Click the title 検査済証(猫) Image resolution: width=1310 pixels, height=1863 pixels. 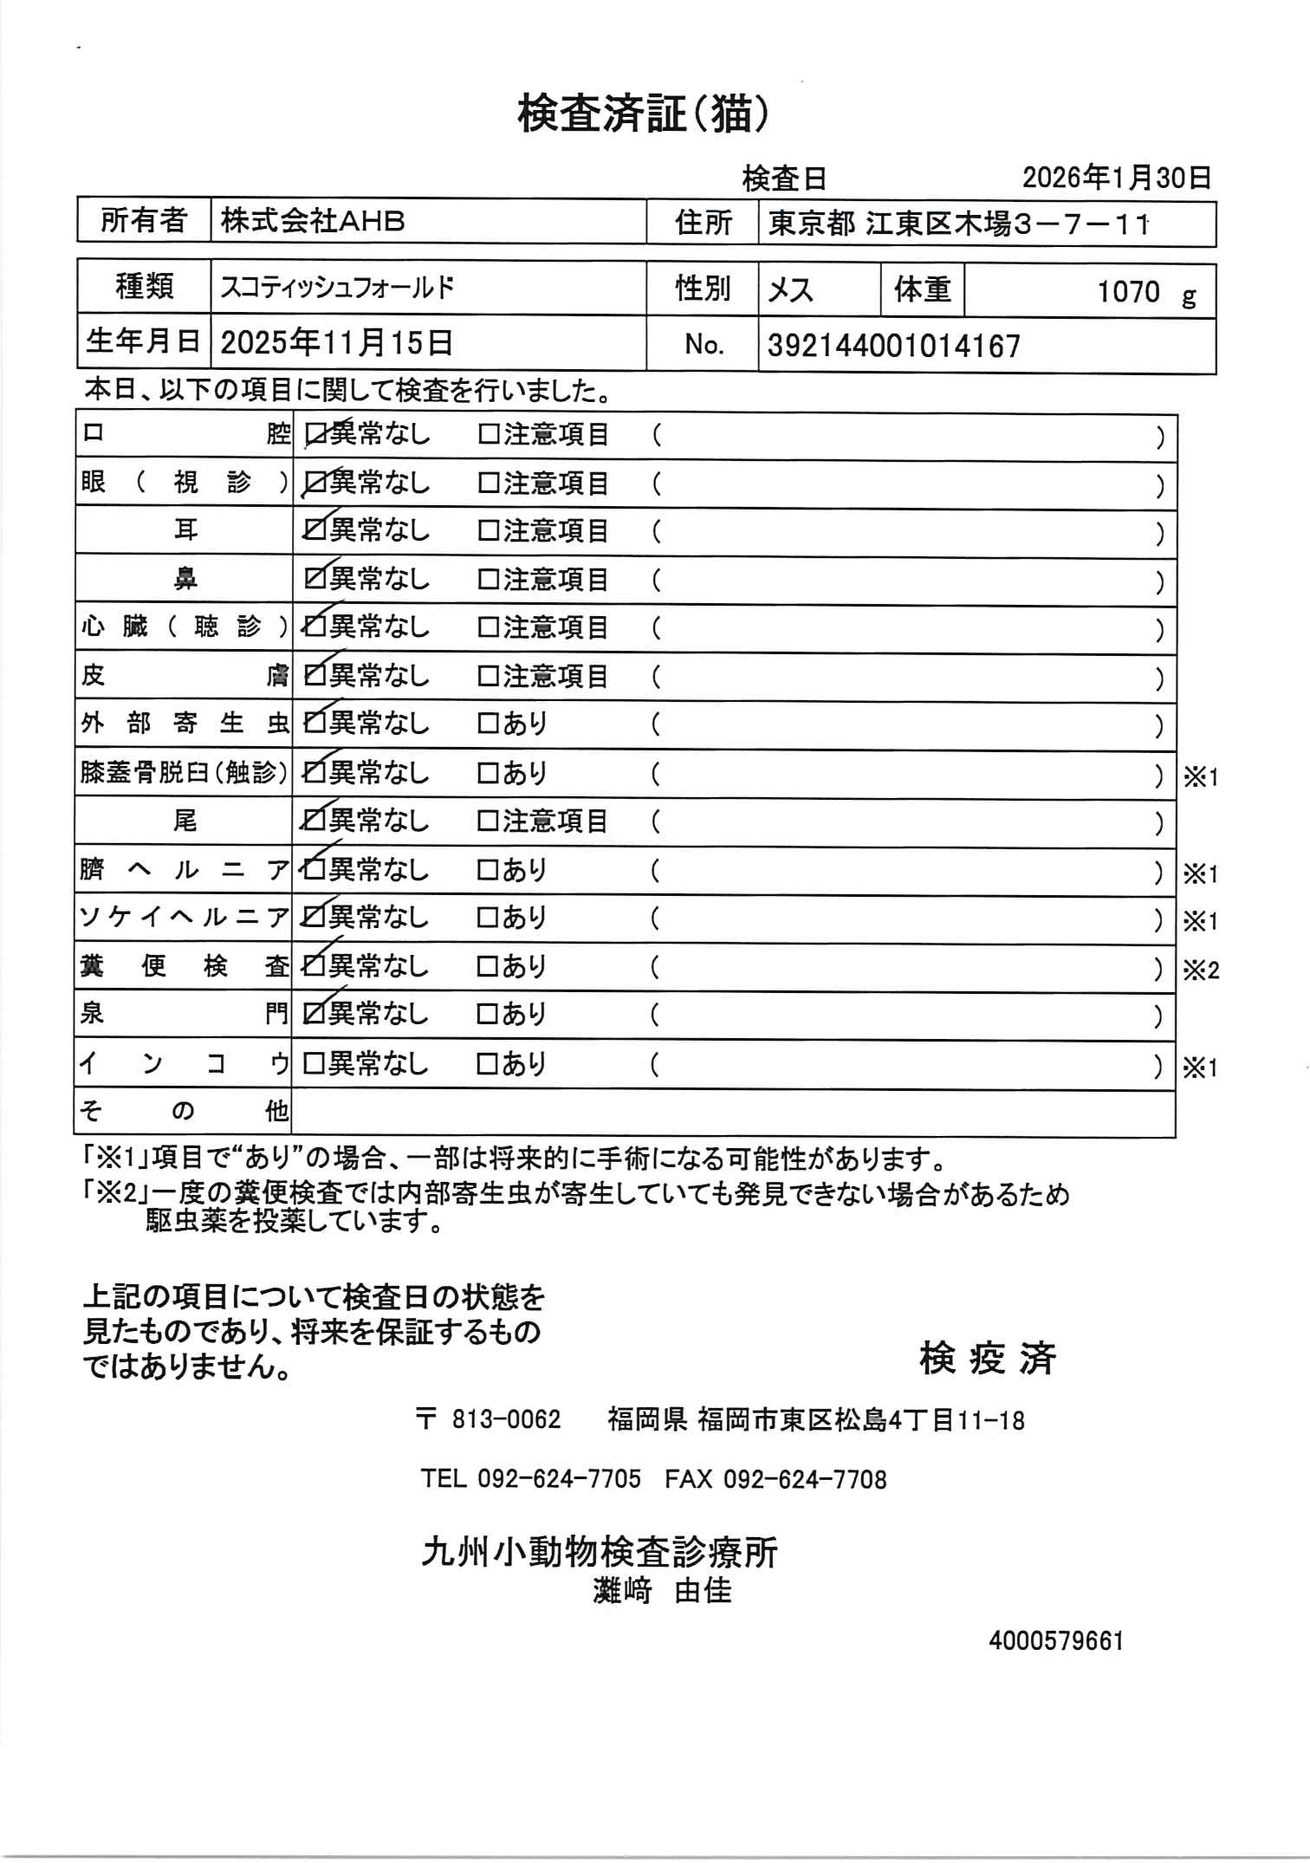[x=643, y=114]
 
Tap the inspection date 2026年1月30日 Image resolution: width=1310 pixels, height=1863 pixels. [x=1116, y=178]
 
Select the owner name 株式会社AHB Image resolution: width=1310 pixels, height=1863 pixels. [x=313, y=222]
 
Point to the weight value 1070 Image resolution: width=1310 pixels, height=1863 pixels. [x=1128, y=291]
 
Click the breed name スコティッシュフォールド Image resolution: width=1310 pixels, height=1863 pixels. [x=336, y=288]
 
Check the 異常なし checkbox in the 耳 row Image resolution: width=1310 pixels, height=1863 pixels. [x=313, y=530]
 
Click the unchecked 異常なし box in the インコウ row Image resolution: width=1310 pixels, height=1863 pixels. [x=313, y=1062]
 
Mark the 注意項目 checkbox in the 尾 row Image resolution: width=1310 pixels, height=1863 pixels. [x=489, y=821]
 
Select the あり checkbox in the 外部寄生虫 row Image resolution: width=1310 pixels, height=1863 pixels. [x=489, y=724]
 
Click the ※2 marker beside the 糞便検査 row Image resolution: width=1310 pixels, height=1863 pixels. [x=1201, y=970]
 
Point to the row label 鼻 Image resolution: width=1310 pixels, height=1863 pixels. [x=185, y=579]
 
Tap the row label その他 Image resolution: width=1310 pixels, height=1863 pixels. [x=184, y=1111]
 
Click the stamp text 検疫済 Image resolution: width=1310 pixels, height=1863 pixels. [x=988, y=1358]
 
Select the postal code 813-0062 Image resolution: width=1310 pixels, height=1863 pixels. [x=507, y=1419]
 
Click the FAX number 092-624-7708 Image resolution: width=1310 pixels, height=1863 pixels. [x=805, y=1479]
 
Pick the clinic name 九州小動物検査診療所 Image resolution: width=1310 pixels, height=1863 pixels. [x=600, y=1552]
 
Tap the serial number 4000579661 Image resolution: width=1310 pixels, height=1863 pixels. [x=1055, y=1641]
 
